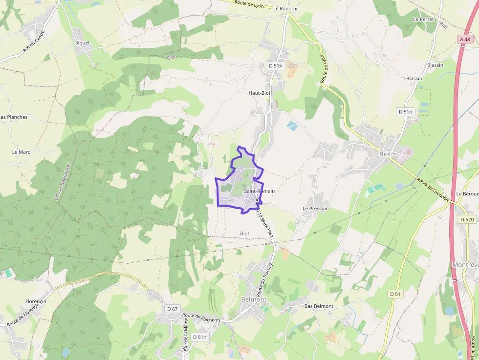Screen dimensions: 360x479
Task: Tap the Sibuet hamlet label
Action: pyautogui.click(x=83, y=42)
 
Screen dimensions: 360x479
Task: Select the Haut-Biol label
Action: pyautogui.click(x=260, y=93)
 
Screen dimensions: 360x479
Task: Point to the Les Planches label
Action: pyautogui.click(x=14, y=117)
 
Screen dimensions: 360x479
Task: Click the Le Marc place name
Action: pyautogui.click(x=21, y=152)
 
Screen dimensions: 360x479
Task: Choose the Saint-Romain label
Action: pyautogui.click(x=259, y=191)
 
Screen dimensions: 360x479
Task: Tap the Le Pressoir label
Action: pyautogui.click(x=315, y=208)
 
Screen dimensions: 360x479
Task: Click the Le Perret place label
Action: pyautogui.click(x=423, y=19)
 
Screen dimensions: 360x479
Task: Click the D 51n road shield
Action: pyautogui.click(x=406, y=112)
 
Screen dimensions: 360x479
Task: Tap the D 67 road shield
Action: pyautogui.click(x=172, y=309)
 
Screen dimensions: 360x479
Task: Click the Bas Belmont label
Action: pyautogui.click(x=319, y=306)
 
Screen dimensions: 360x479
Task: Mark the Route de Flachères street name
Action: pyautogui.click(x=201, y=318)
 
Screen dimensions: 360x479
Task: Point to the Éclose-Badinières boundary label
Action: pyautogui.click(x=62, y=181)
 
